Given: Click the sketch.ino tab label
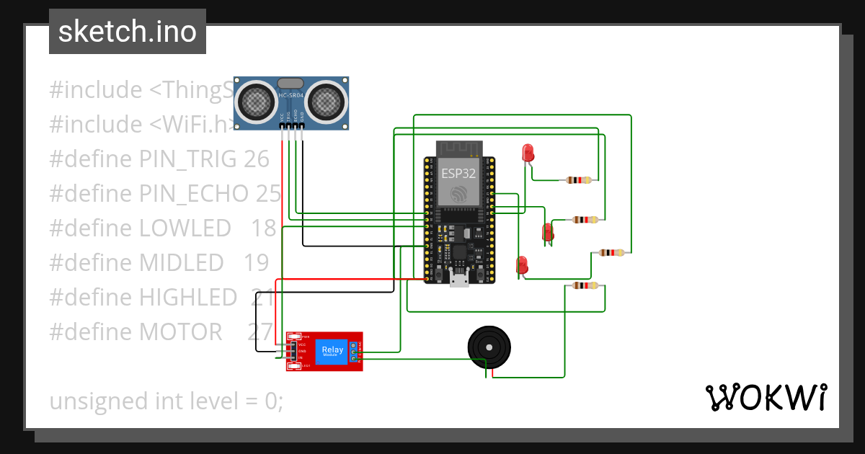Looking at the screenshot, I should pos(127,32).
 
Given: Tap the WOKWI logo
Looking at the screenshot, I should pos(765,398).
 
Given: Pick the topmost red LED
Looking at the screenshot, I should pos(528,153).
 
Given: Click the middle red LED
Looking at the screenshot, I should pos(547,232).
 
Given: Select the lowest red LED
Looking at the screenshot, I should pos(522,264).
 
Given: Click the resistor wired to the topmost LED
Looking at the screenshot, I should pos(579,180).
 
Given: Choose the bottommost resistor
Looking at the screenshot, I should pos(585,286).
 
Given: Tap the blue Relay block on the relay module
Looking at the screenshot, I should pos(333,351).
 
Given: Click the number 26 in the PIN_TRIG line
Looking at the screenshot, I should pos(256,159).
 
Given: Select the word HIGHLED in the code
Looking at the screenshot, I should pos(188,298).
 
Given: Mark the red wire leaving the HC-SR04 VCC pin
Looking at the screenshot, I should pos(281,202).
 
